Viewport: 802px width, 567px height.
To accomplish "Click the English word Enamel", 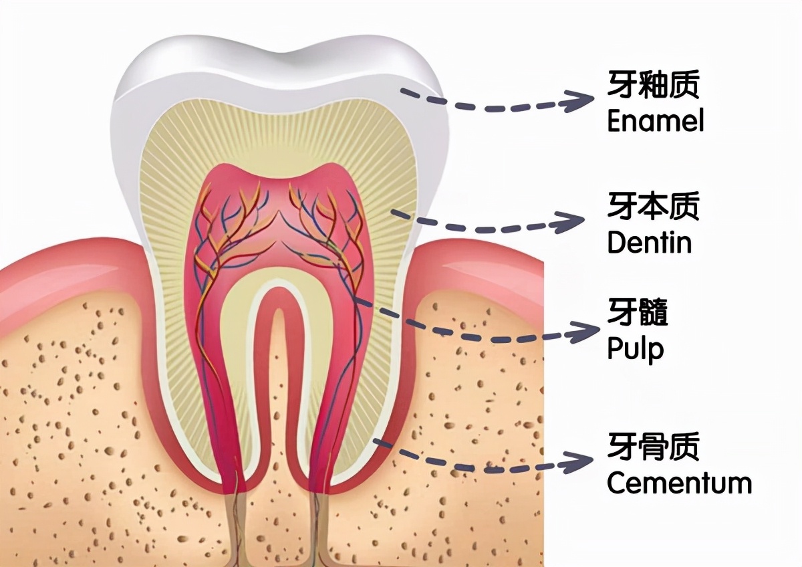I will (655, 122).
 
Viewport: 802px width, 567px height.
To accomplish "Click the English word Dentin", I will (649, 242).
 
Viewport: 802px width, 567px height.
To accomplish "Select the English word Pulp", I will (635, 350).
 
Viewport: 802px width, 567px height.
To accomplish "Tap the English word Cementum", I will (679, 482).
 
